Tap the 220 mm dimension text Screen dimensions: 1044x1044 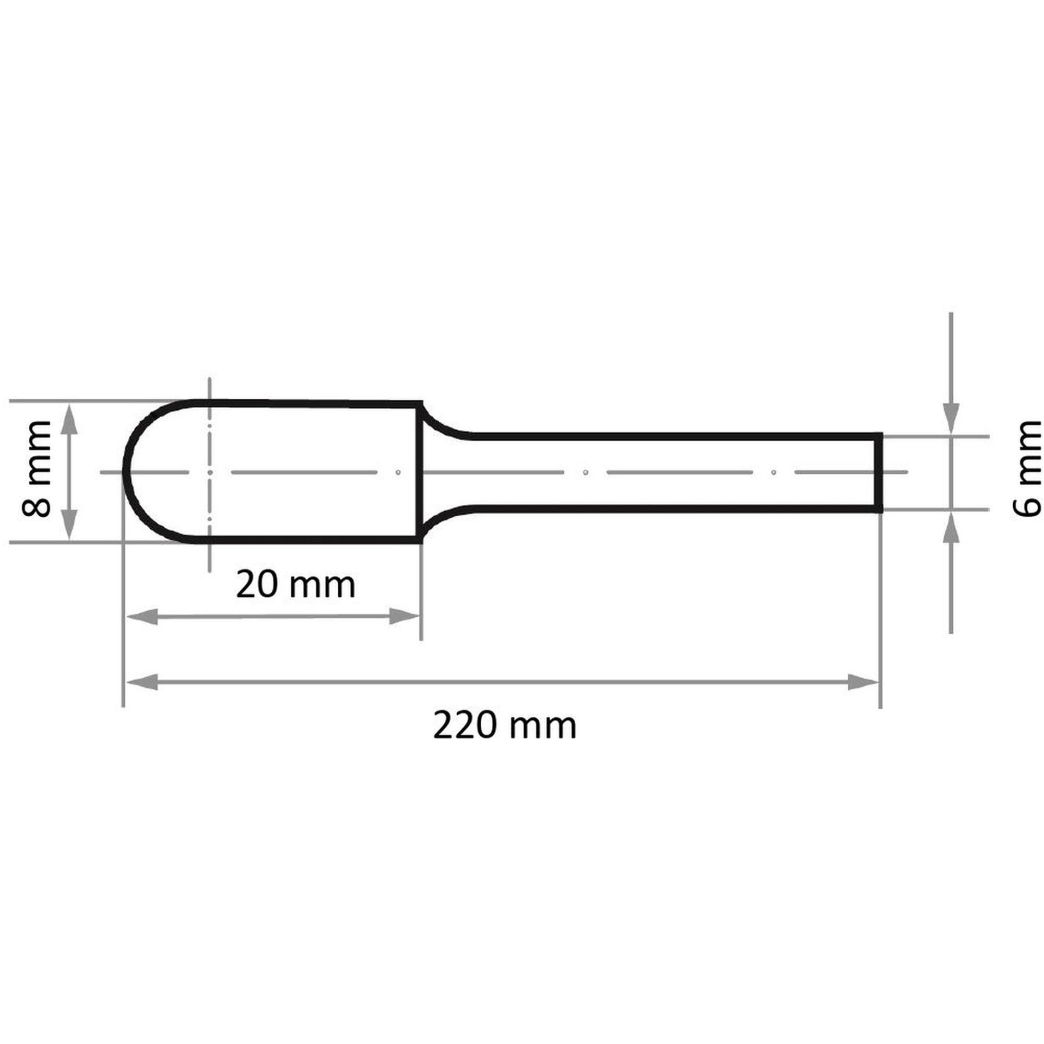(505, 727)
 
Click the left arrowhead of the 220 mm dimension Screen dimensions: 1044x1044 (142, 682)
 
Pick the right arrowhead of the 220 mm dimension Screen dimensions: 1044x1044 (863, 682)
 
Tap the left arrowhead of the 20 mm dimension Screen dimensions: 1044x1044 (142, 616)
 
